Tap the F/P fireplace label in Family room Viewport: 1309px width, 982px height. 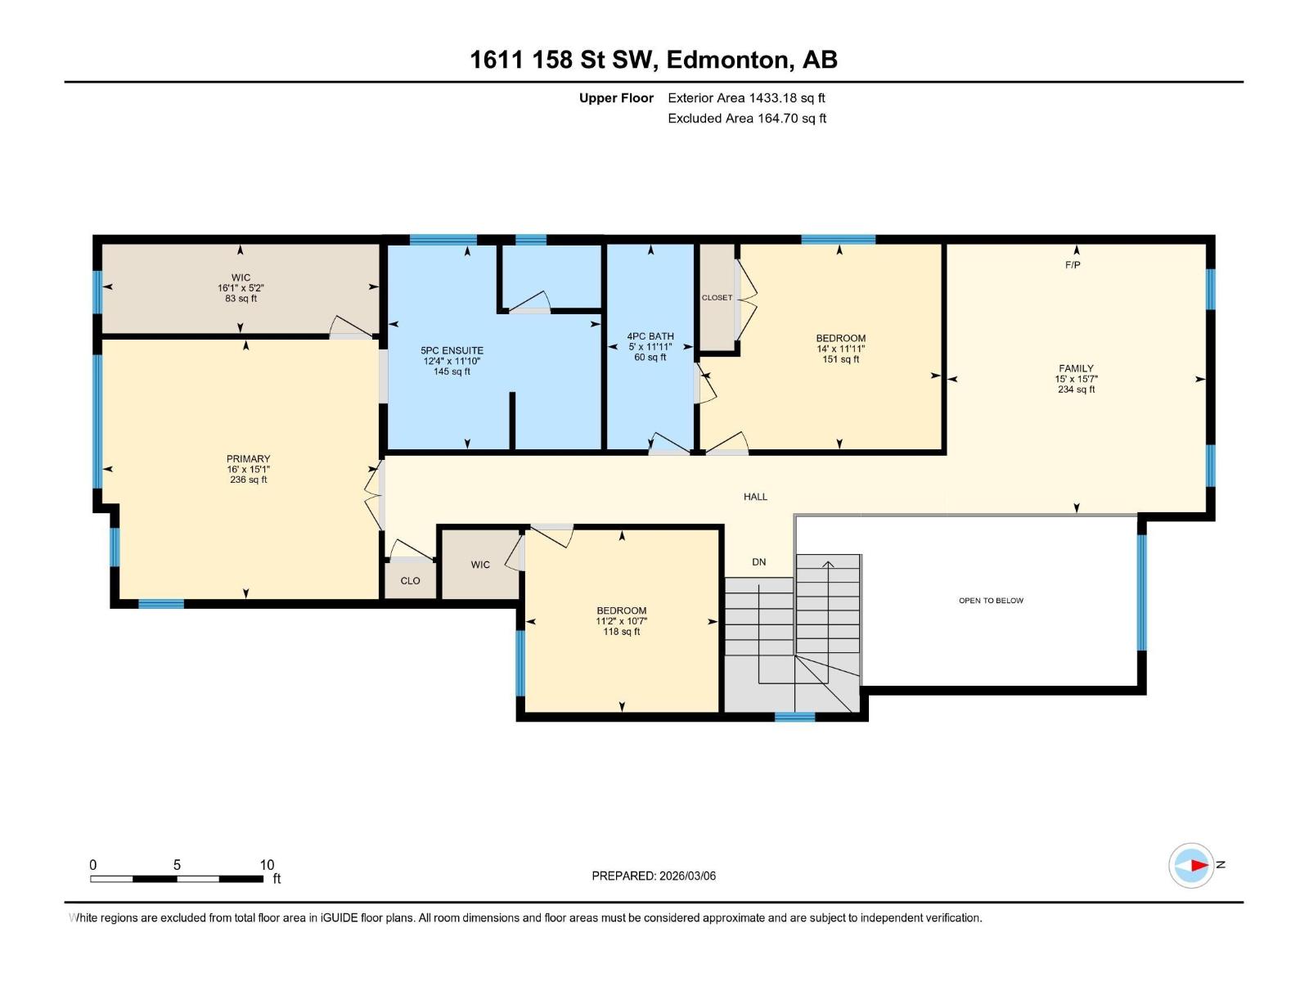pyautogui.click(x=1073, y=265)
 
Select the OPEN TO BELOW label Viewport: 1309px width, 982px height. pyautogui.click(x=991, y=601)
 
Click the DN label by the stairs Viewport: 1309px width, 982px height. pyautogui.click(x=758, y=562)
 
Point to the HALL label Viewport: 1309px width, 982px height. pyautogui.click(x=755, y=497)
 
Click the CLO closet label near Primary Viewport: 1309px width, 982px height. pyautogui.click(x=410, y=581)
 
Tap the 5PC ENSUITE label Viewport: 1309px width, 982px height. pyautogui.click(x=452, y=350)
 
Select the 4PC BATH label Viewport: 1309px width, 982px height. pyautogui.click(x=650, y=336)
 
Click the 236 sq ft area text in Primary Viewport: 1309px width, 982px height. pyautogui.click(x=249, y=480)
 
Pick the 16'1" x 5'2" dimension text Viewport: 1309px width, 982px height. pyautogui.click(x=241, y=288)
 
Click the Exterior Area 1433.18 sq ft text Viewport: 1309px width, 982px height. pyautogui.click(x=746, y=98)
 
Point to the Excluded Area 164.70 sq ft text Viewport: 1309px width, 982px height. pyautogui.click(x=746, y=119)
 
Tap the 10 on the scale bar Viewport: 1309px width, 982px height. pyautogui.click(x=267, y=865)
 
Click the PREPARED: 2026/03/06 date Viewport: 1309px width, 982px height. pyautogui.click(x=654, y=876)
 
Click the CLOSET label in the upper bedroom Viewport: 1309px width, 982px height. pyautogui.click(x=717, y=298)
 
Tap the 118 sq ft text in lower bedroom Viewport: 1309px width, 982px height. pyautogui.click(x=621, y=632)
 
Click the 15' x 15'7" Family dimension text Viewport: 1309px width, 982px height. pyautogui.click(x=1076, y=379)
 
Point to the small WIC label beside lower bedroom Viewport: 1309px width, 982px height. pyautogui.click(x=480, y=565)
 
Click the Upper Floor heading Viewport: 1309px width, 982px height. pyautogui.click(x=616, y=98)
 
